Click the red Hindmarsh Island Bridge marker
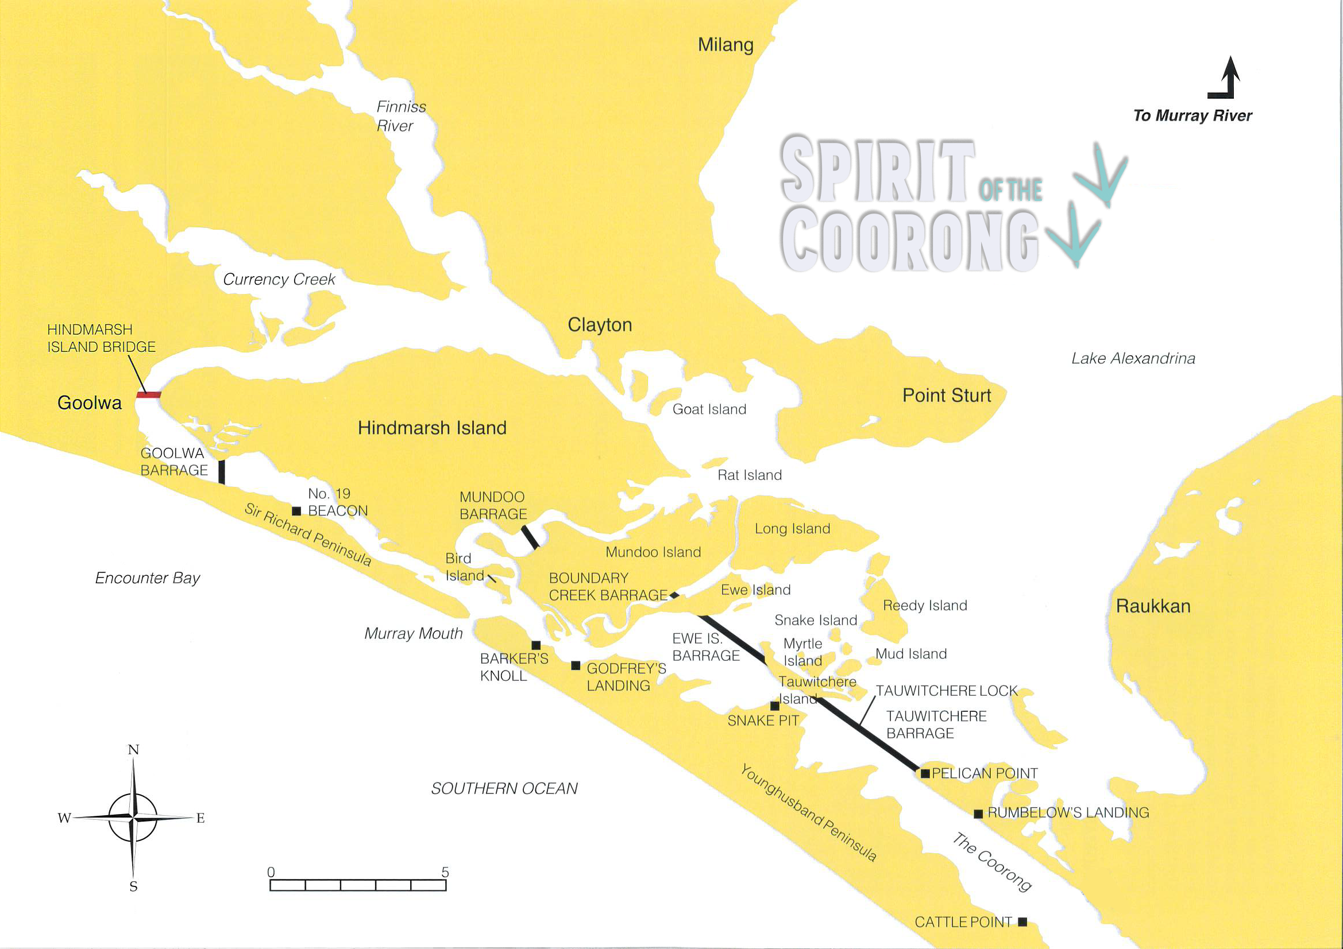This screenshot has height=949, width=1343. coord(149,395)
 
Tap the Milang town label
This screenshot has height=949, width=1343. coord(725,45)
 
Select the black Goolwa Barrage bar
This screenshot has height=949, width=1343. coord(222,472)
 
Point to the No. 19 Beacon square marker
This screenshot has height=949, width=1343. coord(296,511)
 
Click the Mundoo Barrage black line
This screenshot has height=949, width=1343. coord(530,537)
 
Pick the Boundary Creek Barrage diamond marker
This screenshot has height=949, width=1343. coord(674,595)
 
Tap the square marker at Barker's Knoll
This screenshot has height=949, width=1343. coord(536,645)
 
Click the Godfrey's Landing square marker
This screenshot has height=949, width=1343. coord(576,665)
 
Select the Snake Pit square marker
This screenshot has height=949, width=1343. coord(775,706)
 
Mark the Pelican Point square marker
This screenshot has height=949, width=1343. coord(925,773)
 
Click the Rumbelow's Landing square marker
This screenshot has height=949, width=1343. coord(978,814)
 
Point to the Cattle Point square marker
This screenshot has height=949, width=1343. coord(1022,921)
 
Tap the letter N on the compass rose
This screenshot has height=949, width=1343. coord(133,750)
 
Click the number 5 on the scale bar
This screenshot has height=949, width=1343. coord(445,872)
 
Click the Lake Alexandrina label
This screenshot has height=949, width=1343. coord(1133,358)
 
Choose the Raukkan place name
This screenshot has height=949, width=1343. coord(1153,606)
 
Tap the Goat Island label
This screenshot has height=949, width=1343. coord(709,409)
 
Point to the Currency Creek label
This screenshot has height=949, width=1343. coord(279,280)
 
